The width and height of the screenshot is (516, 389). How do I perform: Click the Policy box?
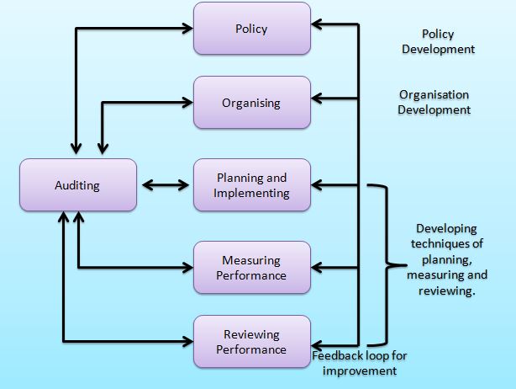click(x=251, y=29)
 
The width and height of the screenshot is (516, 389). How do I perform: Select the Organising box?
click(x=251, y=104)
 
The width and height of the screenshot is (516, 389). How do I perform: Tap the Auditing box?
click(x=78, y=185)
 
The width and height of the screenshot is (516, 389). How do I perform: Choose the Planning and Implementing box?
click(x=251, y=185)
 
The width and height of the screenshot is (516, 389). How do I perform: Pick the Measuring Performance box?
click(x=251, y=268)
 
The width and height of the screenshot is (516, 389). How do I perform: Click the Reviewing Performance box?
click(x=251, y=342)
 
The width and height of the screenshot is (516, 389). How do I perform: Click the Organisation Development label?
click(x=434, y=102)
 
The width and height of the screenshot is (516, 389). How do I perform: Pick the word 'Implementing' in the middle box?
click(x=251, y=193)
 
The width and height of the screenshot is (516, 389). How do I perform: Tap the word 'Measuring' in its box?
click(x=251, y=260)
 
